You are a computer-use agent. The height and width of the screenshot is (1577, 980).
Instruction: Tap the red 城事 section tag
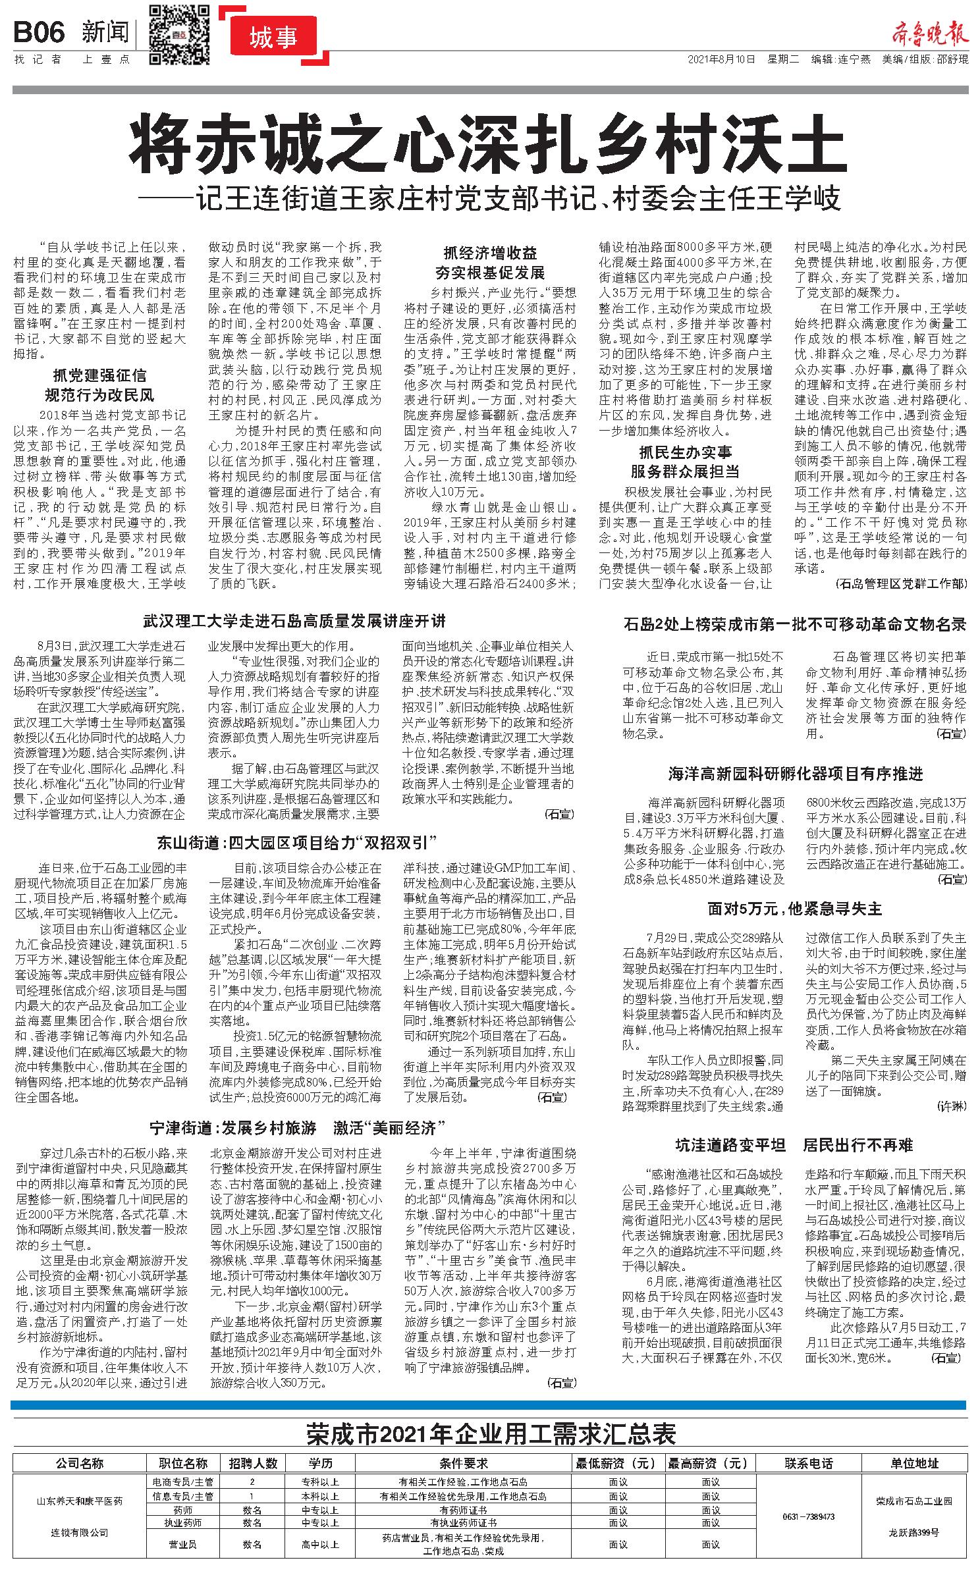[273, 39]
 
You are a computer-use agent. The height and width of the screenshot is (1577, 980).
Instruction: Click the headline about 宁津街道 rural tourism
[294, 1127]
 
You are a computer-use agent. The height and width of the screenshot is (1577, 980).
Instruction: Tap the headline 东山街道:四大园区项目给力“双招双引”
[294, 842]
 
